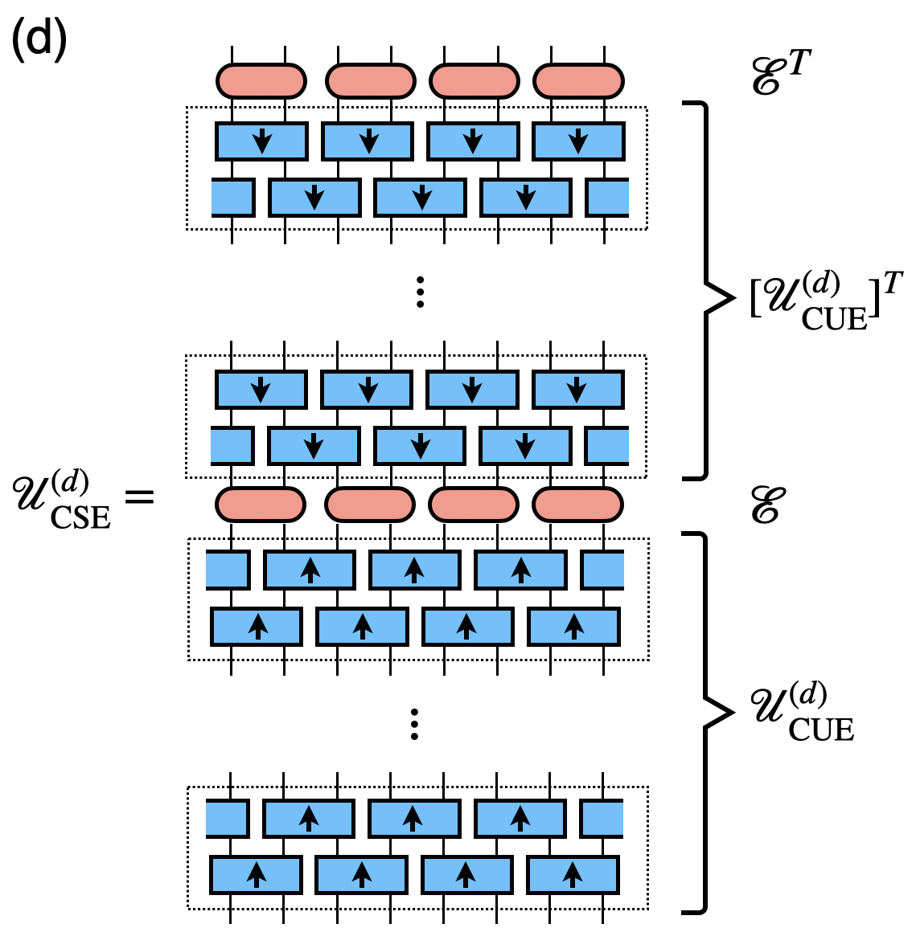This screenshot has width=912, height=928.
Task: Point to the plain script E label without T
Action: click(765, 505)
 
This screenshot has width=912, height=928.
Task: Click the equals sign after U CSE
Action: click(138, 497)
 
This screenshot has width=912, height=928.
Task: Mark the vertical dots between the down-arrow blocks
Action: click(419, 292)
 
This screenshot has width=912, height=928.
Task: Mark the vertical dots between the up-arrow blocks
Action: click(414, 724)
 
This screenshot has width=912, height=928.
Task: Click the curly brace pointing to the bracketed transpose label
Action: click(711, 291)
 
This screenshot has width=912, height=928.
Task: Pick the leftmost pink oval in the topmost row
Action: click(261, 81)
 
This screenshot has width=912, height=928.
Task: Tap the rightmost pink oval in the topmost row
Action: click(578, 81)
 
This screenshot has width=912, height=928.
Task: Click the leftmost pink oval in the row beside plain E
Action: click(261, 505)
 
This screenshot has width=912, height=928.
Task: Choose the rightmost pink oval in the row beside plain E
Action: click(577, 505)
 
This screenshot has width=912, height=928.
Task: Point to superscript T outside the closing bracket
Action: click(892, 284)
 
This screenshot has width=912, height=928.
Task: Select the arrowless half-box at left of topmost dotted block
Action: click(232, 198)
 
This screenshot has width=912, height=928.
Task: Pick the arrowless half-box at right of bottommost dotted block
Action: click(602, 820)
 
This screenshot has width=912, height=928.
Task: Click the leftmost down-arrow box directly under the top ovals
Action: click(261, 141)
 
